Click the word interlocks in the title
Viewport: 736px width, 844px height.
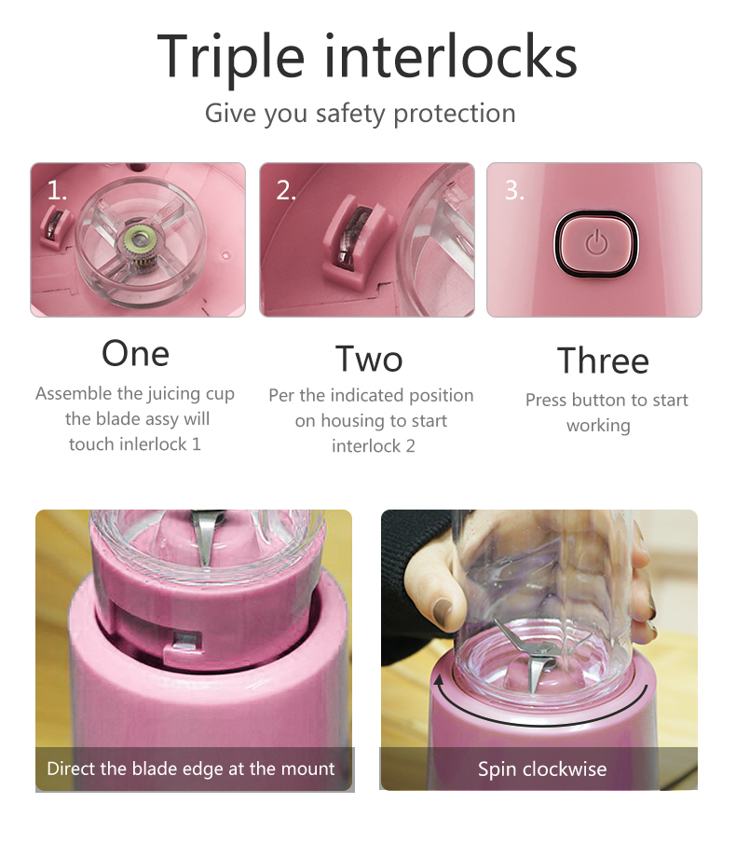pos(451,55)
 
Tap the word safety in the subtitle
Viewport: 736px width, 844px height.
pos(350,114)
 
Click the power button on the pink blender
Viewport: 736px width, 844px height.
pos(596,244)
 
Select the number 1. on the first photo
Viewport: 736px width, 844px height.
pos(57,190)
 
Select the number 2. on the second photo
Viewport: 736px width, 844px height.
pos(286,191)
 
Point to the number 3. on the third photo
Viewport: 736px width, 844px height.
pos(514,191)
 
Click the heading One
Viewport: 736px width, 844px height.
pos(136,354)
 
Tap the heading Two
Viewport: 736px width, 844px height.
pos(369,359)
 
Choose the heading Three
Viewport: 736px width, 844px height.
pos(603,361)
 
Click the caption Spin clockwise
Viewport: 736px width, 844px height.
pos(542,769)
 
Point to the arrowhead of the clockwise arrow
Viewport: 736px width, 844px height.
pos(440,681)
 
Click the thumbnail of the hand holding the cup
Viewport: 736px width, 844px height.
pos(538,650)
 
